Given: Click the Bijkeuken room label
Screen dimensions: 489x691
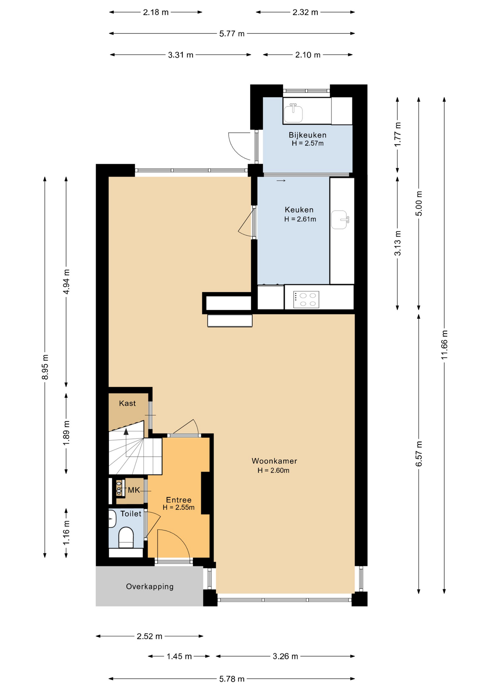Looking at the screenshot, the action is coord(307,135).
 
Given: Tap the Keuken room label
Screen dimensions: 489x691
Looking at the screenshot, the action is coord(299,209).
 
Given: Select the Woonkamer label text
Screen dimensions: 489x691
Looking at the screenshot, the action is coord(274,461).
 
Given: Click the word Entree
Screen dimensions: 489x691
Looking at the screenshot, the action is coord(179,500).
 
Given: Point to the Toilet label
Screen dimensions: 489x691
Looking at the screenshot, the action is coord(131,514).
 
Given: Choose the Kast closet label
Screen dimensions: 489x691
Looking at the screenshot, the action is coord(127,403).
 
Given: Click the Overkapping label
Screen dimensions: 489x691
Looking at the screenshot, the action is coord(149,586).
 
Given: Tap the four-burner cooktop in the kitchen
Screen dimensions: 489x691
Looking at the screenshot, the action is coord(306,299).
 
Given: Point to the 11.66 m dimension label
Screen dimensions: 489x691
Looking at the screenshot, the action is coord(444,344).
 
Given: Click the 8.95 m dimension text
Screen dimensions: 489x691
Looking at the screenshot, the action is coord(45,367).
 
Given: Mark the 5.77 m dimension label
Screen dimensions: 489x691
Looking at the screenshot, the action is coord(232,33).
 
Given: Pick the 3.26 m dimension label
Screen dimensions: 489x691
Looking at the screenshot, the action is coord(285,656).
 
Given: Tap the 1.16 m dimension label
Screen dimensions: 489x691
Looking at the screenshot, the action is coord(66,533).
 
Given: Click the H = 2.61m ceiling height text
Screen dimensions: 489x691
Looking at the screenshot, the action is coord(300,219).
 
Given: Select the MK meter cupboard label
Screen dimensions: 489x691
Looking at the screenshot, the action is coord(134,490).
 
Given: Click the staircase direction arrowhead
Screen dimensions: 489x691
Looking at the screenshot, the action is coord(126,432).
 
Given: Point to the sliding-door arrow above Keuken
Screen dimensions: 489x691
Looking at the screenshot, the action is coord(281,180).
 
